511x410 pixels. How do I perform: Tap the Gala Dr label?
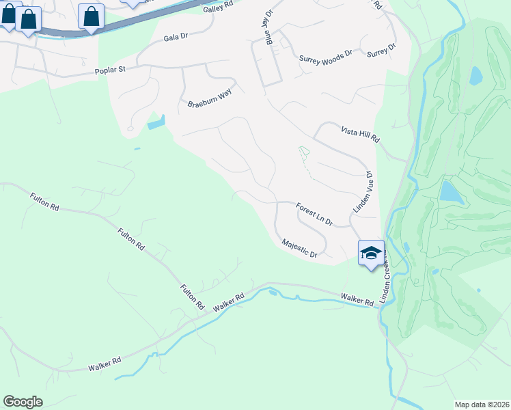[x=176, y=38]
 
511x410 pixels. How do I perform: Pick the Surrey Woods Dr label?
[x=325, y=59]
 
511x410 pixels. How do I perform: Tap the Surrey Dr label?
[x=381, y=50]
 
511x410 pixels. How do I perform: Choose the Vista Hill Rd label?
[x=360, y=133]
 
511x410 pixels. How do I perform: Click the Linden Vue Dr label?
[x=361, y=191]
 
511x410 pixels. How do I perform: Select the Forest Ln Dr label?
[x=314, y=214]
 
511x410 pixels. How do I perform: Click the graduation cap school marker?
[x=371, y=253]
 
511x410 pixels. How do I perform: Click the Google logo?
[x=23, y=402]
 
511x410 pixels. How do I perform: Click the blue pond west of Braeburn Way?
[x=156, y=124]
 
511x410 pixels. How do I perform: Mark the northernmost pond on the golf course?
[x=475, y=75]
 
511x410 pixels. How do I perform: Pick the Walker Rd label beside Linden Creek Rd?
[x=357, y=299]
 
